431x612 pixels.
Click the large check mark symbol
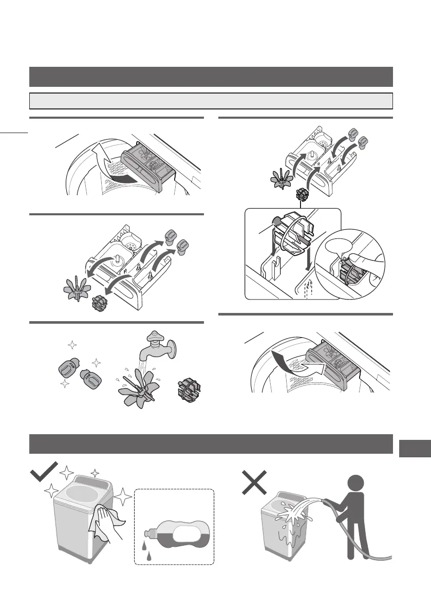click(43, 473)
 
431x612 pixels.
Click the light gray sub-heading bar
click(211, 101)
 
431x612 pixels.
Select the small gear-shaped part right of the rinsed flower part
click(188, 389)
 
